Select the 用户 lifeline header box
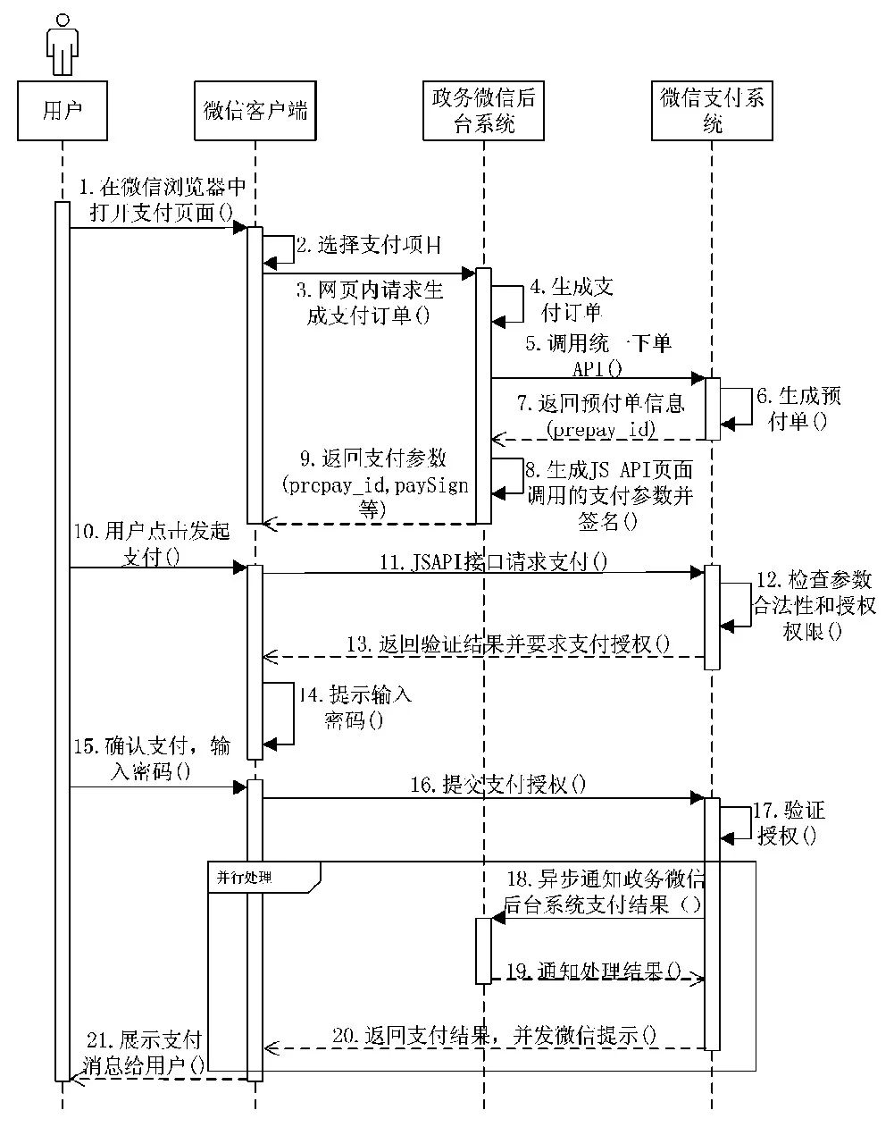(63, 110)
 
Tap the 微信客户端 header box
(255, 110)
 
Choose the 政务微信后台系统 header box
(483, 110)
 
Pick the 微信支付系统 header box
(712, 110)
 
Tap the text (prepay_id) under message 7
(602, 429)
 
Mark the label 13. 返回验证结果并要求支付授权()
(509, 643)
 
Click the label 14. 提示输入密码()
(354, 707)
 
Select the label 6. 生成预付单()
(798, 408)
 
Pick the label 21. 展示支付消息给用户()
(145, 1052)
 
